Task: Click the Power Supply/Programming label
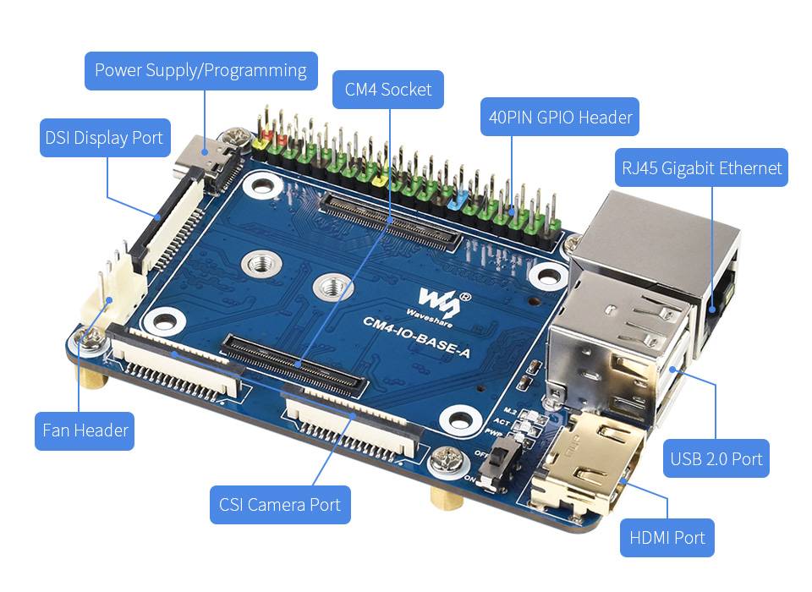[x=200, y=70]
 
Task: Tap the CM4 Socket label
[x=388, y=89]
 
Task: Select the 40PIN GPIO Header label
[x=560, y=117]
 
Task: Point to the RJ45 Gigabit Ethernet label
[x=702, y=168]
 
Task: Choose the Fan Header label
[x=85, y=430]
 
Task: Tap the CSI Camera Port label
[x=279, y=505]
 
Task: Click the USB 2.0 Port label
[x=716, y=459]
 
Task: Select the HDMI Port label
[x=667, y=538]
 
